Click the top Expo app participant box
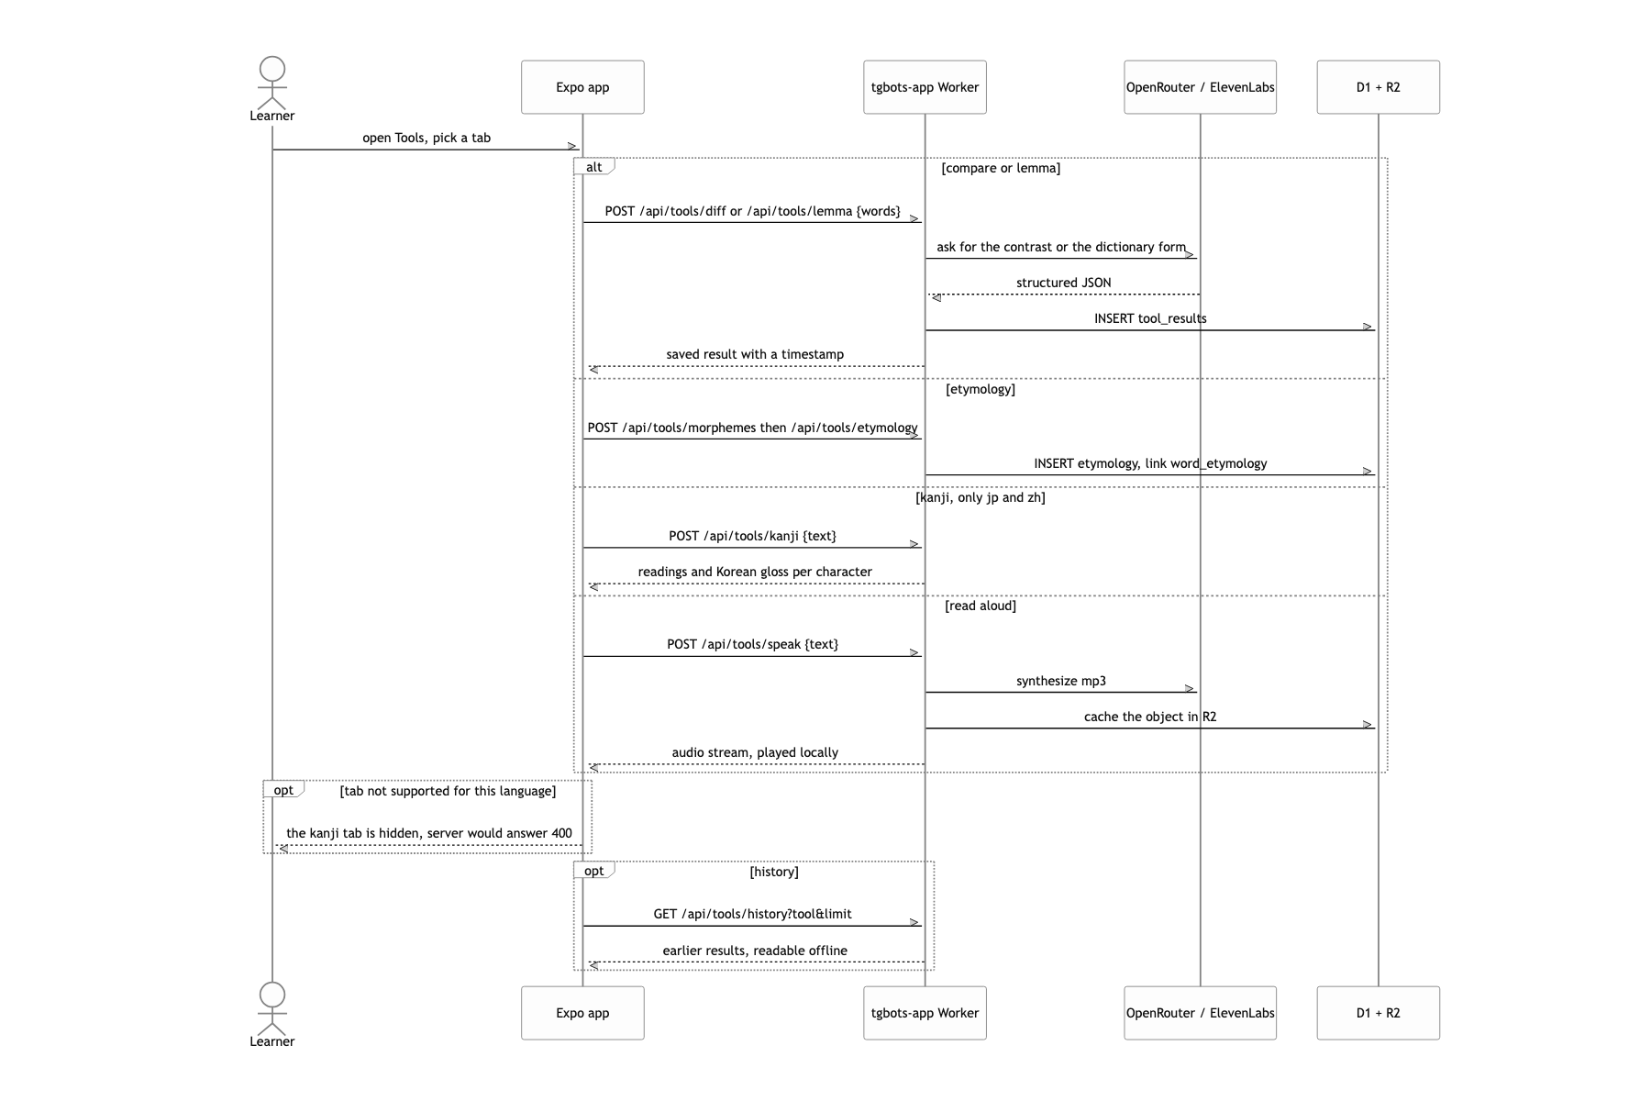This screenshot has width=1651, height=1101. [x=582, y=87]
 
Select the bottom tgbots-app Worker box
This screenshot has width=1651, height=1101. [x=925, y=1013]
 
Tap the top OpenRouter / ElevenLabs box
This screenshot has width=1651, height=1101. [x=1200, y=87]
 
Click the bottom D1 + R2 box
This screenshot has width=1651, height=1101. [x=1378, y=1013]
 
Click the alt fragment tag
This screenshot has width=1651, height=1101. [x=594, y=167]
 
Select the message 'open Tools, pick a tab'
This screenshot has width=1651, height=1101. [x=427, y=138]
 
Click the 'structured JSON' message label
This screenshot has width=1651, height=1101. [x=1063, y=283]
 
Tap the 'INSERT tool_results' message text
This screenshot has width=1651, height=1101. [x=1150, y=318]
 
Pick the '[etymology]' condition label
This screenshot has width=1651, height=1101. [x=981, y=389]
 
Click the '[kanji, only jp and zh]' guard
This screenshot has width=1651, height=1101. [x=981, y=497]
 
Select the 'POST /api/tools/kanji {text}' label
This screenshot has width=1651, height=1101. [x=752, y=536]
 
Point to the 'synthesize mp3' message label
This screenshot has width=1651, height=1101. [x=1061, y=681]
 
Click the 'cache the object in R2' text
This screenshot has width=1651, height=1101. [x=1150, y=717]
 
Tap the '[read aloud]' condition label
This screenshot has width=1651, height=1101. [x=981, y=606]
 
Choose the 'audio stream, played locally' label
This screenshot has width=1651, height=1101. [x=755, y=752]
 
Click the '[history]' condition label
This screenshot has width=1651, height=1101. [x=774, y=872]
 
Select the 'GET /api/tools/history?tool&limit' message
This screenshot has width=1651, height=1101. [x=752, y=914]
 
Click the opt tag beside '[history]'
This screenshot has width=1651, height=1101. [x=594, y=871]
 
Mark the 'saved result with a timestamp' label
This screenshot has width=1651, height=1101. [x=755, y=354]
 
